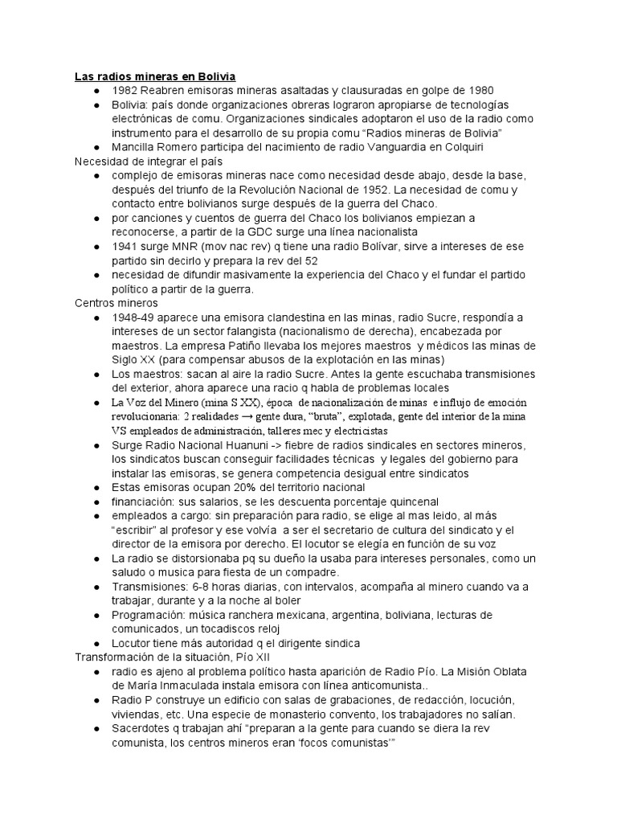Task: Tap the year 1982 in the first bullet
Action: (x=127, y=90)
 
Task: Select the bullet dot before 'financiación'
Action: (x=96, y=502)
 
